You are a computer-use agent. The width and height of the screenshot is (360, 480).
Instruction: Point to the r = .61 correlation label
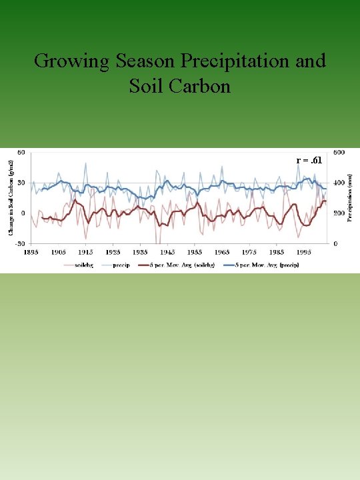[x=310, y=161]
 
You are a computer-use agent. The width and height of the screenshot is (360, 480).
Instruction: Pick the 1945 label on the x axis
[x=167, y=252]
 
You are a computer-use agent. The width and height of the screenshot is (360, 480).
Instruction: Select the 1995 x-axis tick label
[x=303, y=252]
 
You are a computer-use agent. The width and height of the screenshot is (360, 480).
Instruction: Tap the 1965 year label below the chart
[x=222, y=252]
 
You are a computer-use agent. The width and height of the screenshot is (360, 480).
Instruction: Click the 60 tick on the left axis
[x=21, y=152]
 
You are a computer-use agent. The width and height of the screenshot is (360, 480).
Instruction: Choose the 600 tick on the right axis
[x=339, y=152]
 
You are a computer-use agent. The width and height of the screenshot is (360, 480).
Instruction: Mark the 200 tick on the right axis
[x=339, y=213]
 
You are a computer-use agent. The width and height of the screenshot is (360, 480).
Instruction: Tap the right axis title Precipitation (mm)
[x=351, y=194]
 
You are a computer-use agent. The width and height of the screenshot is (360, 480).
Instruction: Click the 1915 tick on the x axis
[x=85, y=252]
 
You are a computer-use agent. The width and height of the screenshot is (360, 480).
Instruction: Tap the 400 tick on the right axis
[x=339, y=183]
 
